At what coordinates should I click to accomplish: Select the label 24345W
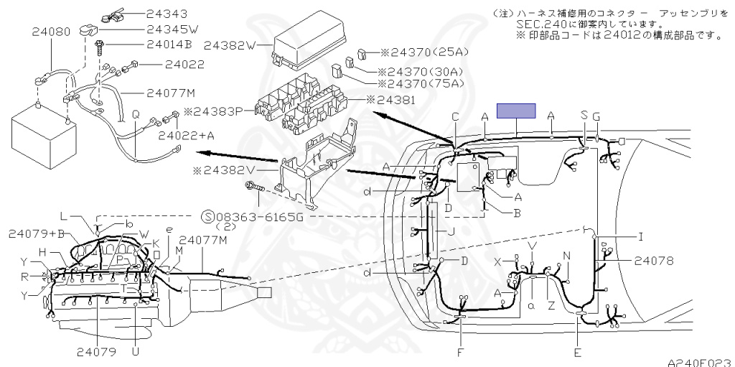tap(151, 29)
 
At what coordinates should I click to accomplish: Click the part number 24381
tap(398, 100)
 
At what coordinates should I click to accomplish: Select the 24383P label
tap(214, 112)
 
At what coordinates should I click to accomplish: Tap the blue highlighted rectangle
tap(518, 111)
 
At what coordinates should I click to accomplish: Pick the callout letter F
tap(459, 353)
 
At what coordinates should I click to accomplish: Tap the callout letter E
tap(578, 353)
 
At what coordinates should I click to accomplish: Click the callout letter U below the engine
tap(135, 352)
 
